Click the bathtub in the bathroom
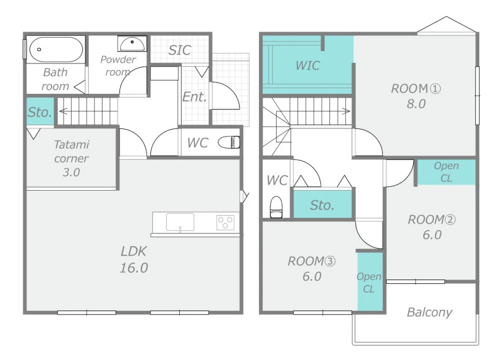(56, 50)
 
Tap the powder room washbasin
(132, 43)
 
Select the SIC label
(180, 50)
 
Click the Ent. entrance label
(194, 97)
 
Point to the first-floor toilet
(229, 142)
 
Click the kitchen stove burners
(225, 223)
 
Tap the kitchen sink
(180, 222)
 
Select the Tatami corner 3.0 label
(71, 159)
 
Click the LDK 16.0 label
(134, 259)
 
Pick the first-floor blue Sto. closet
(40, 111)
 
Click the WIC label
(307, 65)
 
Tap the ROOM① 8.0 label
(416, 96)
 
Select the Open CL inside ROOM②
(446, 172)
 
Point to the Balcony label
(429, 312)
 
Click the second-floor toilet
(276, 207)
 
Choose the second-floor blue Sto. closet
(323, 205)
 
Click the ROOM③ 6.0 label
(311, 269)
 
